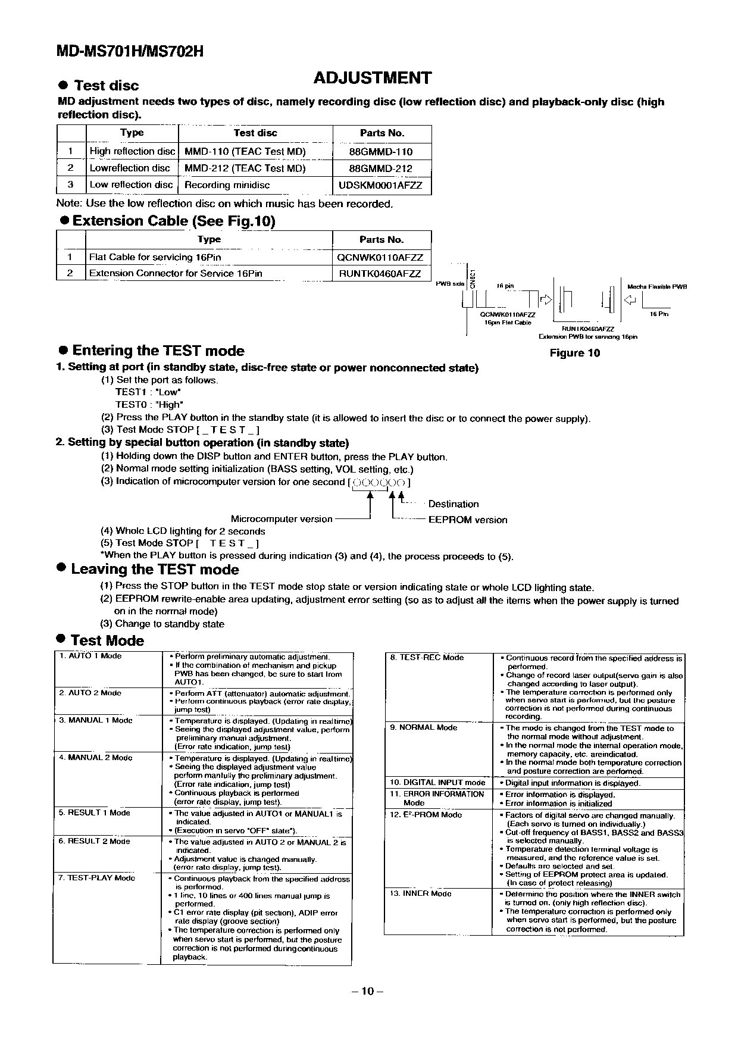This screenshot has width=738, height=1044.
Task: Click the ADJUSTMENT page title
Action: click(x=372, y=78)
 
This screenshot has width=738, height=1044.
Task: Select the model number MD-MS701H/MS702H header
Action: click(x=130, y=51)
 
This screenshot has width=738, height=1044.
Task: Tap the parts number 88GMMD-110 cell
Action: click(x=380, y=151)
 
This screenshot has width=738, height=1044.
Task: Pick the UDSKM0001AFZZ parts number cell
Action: click(x=380, y=185)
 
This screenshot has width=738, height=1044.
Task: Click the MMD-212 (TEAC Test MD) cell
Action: click(x=245, y=168)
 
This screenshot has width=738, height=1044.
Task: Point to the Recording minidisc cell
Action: click(x=227, y=185)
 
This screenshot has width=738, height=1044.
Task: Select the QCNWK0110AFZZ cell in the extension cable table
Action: click(x=380, y=257)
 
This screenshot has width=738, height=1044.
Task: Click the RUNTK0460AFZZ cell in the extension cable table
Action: click(x=380, y=274)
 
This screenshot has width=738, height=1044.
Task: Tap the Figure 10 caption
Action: click(x=574, y=353)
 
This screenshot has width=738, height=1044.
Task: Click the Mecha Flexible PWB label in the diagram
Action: click(x=657, y=287)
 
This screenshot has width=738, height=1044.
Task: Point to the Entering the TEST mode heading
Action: click(x=158, y=351)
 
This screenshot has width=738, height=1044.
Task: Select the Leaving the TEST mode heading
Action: click(x=155, y=569)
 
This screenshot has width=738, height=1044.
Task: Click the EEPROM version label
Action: click(x=468, y=520)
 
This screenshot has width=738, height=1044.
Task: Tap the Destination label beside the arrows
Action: click(x=453, y=504)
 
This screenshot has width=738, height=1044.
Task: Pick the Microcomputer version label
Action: click(x=282, y=519)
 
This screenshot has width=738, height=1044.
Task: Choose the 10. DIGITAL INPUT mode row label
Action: click(x=437, y=783)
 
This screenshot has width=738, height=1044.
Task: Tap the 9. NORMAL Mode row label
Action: click(x=423, y=727)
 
